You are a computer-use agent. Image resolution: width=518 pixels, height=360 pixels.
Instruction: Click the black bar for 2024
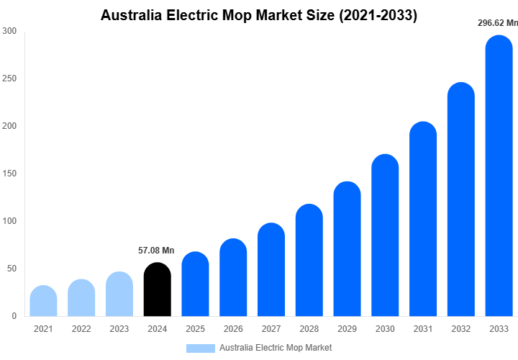click(x=158, y=289)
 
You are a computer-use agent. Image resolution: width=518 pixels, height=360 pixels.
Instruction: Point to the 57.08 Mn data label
click(x=156, y=251)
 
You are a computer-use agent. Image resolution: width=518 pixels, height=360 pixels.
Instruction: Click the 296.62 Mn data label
click(x=497, y=23)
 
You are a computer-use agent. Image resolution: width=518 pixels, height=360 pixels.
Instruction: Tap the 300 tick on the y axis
click(x=9, y=31)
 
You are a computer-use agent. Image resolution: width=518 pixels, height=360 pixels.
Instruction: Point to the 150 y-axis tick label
click(x=9, y=174)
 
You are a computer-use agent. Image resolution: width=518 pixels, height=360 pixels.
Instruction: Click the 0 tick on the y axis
click(x=14, y=316)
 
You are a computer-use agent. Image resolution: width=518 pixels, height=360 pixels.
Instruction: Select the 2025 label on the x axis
click(x=195, y=329)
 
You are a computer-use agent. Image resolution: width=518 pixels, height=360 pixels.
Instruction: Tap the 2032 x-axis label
click(x=461, y=329)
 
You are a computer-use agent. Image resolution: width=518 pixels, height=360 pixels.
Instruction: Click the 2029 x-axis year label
click(x=347, y=329)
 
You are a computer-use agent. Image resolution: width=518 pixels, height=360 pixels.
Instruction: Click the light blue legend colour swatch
click(x=200, y=348)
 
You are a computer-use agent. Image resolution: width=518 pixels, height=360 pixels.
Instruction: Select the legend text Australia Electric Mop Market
click(x=276, y=348)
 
